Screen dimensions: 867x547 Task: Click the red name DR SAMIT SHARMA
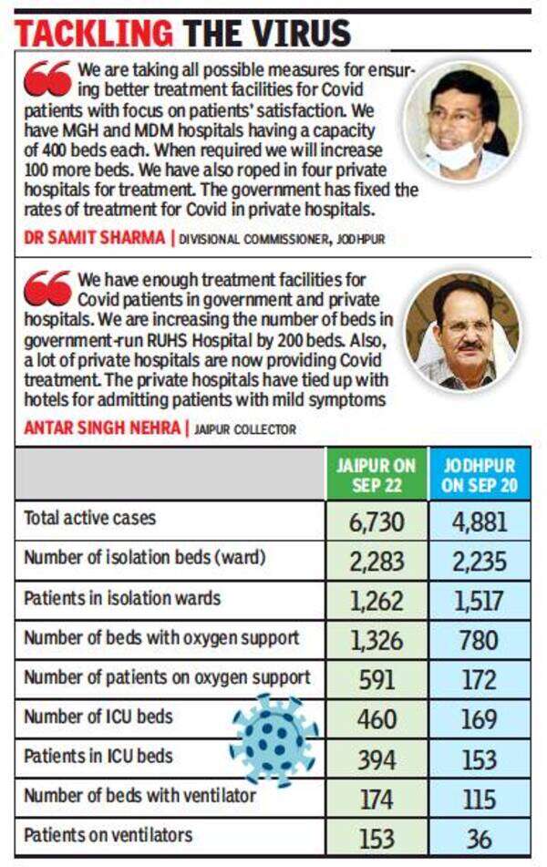pyautogui.click(x=91, y=239)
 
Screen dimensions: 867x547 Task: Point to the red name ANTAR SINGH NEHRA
pyautogui.click(x=102, y=428)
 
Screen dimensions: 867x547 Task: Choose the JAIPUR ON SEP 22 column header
pyautogui.click(x=376, y=475)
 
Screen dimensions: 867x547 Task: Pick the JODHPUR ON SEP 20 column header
pyautogui.click(x=480, y=475)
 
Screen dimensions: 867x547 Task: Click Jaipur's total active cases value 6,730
pyautogui.click(x=376, y=521)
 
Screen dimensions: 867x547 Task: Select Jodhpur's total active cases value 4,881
pyautogui.click(x=480, y=521)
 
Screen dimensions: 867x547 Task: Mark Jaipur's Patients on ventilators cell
pyautogui.click(x=376, y=837)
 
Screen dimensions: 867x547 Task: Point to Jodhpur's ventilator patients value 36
pyautogui.click(x=480, y=837)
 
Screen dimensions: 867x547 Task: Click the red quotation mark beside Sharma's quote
pyautogui.click(x=47, y=79)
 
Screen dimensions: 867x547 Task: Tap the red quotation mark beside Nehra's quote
pyautogui.click(x=47, y=287)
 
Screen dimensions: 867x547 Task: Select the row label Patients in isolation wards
pyautogui.click(x=122, y=598)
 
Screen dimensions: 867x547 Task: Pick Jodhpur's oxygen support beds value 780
pyautogui.click(x=480, y=640)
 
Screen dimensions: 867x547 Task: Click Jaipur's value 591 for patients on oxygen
pyautogui.click(x=376, y=679)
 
